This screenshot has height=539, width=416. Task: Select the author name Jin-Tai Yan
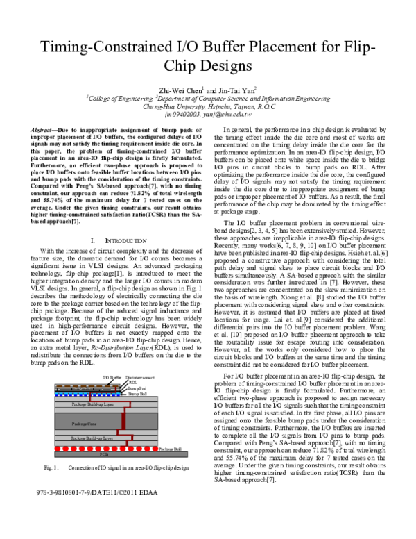tap(236, 90)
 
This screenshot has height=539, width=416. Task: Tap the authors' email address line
tap(207, 115)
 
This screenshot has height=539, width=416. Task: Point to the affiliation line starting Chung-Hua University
tap(207, 107)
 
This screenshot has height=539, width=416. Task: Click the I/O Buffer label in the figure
tap(112, 377)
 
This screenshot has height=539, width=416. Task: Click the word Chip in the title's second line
tap(177, 67)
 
